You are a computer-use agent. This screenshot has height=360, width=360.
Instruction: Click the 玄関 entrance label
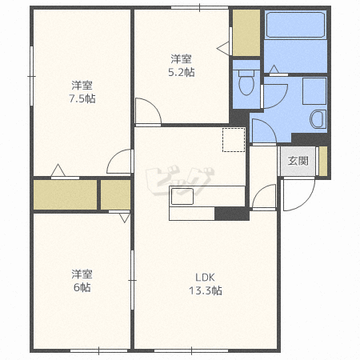coord(298,161)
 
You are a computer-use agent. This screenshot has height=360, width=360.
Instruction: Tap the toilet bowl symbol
coord(246,82)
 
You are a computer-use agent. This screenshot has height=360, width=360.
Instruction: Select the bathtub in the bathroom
coord(295,25)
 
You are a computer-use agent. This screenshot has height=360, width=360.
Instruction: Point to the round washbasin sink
coord(318,119)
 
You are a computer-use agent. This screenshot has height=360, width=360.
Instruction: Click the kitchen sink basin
coord(182,196)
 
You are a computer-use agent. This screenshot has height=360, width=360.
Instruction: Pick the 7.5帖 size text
coord(82,98)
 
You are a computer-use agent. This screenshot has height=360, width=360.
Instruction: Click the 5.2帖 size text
coord(182,72)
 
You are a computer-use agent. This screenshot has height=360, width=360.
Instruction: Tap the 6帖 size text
coord(82,287)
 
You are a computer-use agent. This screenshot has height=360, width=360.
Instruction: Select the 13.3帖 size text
coord(206,290)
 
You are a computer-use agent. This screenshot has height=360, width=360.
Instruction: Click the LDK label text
coord(205,278)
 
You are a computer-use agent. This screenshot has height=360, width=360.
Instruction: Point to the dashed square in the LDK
coord(234,140)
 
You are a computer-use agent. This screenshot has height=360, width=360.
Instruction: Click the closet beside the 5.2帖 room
coord(246,33)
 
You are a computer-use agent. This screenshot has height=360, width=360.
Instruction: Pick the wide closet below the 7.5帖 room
coord(65,194)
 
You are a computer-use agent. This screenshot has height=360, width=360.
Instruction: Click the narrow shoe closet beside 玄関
coord(323,161)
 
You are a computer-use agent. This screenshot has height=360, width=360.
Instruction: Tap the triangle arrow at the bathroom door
coord(274,69)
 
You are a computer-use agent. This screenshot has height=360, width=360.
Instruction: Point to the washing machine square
coord(314,91)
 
